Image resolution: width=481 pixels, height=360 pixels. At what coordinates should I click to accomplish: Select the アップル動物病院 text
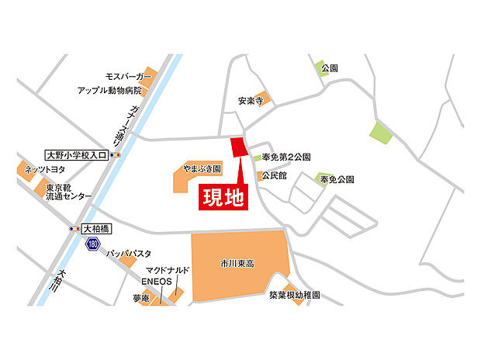point(110,90)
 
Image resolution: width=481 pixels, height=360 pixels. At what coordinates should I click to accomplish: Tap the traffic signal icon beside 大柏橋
point(74,229)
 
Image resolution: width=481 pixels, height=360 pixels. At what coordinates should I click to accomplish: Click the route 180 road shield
point(93,244)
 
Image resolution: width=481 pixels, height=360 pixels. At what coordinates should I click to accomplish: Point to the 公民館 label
point(275,176)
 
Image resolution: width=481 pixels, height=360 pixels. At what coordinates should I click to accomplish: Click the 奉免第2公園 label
point(286,157)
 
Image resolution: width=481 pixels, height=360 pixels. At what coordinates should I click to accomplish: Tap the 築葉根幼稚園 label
point(295,296)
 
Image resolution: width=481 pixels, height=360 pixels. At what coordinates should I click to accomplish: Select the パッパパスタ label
point(129,254)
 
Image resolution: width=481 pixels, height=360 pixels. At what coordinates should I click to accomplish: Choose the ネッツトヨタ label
point(44,168)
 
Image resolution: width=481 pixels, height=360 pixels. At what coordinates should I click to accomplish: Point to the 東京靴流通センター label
point(68,192)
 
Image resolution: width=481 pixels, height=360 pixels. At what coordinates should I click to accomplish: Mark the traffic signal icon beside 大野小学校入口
point(116,155)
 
